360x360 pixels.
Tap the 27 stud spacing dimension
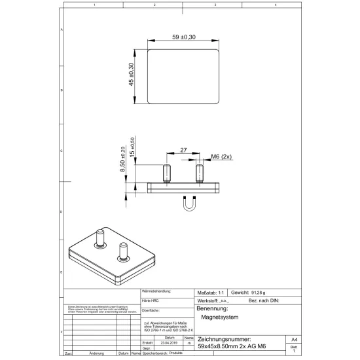(x=184, y=150)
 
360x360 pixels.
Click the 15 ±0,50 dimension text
(x=134, y=148)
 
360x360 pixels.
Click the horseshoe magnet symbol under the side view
(x=190, y=205)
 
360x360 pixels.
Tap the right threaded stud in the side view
(x=200, y=173)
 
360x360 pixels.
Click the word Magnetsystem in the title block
(x=220, y=317)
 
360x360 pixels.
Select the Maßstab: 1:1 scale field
(x=211, y=292)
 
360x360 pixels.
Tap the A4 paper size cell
(x=294, y=340)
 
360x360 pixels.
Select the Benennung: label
(x=212, y=308)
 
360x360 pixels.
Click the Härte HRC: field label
(x=151, y=299)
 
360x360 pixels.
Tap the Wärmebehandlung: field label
(x=157, y=290)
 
